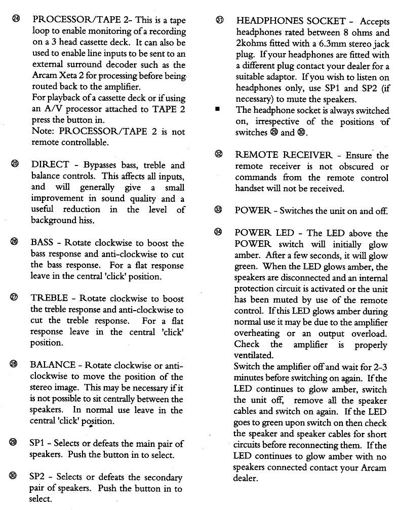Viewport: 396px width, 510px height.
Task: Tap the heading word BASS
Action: point(42,243)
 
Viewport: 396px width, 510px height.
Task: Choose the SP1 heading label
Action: point(37,443)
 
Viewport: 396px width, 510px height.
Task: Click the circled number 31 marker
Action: point(219,21)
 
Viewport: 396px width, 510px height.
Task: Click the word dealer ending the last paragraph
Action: point(246,479)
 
